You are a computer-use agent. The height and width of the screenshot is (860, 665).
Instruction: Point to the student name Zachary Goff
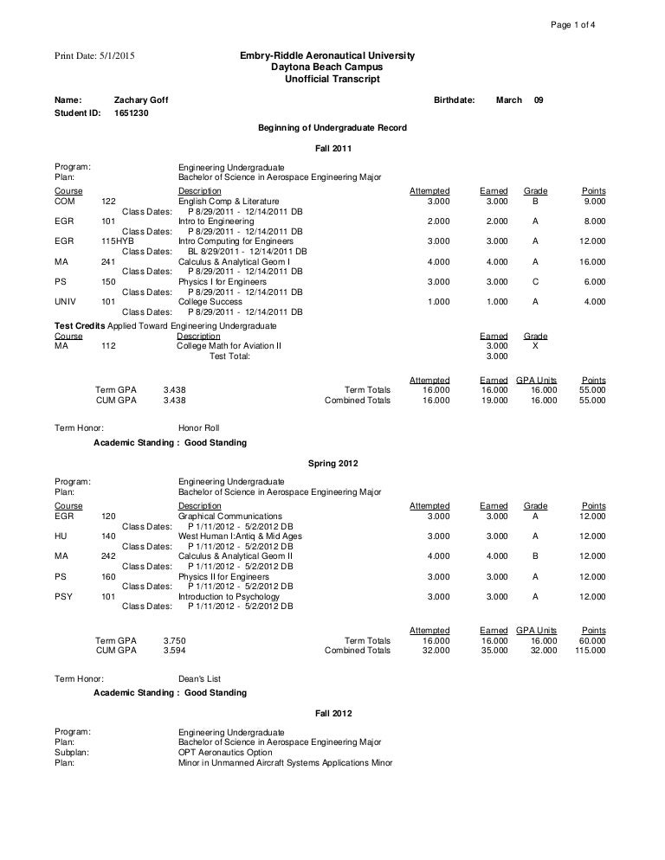point(141,100)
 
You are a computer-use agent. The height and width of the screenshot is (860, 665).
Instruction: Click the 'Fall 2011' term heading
point(332,148)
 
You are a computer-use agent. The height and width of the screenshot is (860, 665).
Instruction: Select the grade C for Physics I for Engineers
point(535,282)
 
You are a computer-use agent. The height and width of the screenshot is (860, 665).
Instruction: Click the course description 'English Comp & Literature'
point(229,202)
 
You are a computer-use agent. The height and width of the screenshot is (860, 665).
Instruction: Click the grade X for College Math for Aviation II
point(535,346)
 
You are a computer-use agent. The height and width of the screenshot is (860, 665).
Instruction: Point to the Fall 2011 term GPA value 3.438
point(174,390)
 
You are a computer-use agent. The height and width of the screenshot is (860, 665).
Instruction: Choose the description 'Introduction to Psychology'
point(229,597)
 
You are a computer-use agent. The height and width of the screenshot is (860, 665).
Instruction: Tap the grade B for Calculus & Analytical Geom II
point(535,557)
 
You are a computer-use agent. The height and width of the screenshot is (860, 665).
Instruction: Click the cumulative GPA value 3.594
point(174,651)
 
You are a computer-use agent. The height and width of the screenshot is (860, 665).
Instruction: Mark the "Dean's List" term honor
point(198,679)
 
